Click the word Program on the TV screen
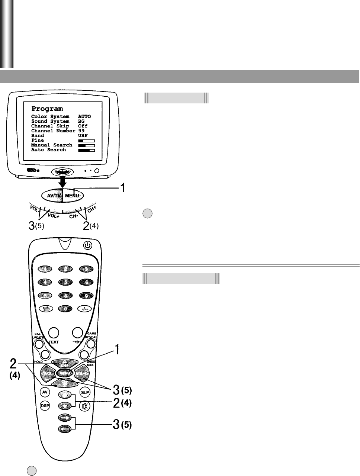(47, 109)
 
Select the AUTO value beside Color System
(84, 117)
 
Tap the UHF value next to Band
(83, 136)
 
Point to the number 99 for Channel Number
(81, 131)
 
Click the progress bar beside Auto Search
(86, 150)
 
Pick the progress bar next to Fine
(86, 141)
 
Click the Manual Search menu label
(52, 145)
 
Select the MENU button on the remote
(65, 372)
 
